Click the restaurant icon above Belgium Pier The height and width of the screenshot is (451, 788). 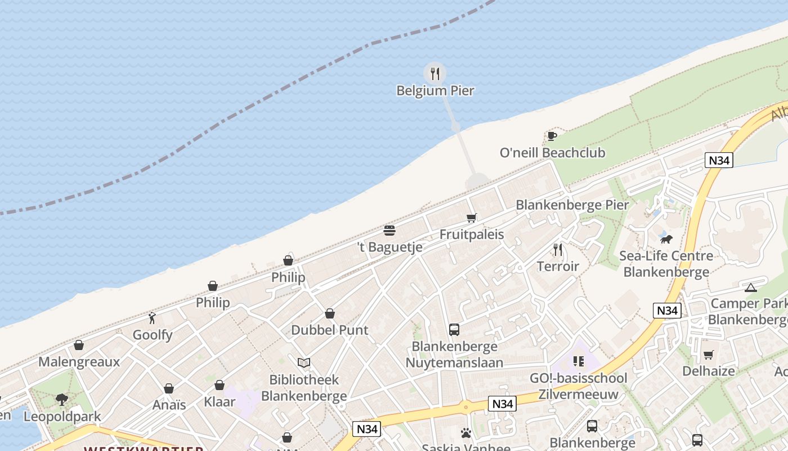(x=435, y=73)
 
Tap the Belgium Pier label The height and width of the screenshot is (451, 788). (x=435, y=91)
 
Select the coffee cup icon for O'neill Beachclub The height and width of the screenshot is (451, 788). (x=552, y=136)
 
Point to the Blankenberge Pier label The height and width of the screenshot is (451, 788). (x=572, y=205)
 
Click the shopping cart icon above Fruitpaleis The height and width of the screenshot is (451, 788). (x=471, y=218)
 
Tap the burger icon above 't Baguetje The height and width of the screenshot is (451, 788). (x=389, y=230)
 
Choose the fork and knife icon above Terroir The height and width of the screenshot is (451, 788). (x=558, y=249)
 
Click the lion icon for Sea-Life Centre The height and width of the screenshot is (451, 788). (x=666, y=239)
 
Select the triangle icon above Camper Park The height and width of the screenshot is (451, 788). (x=750, y=288)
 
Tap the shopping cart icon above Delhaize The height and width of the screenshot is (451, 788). (x=708, y=355)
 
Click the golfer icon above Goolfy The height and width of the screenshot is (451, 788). (x=152, y=318)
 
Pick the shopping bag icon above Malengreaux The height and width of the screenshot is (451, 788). (x=79, y=345)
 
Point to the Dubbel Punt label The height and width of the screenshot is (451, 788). (x=330, y=330)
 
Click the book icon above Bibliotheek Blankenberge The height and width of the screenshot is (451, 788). (x=304, y=362)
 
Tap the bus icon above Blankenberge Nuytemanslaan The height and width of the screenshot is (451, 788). (x=454, y=330)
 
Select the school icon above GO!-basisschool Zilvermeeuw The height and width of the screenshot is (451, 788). (x=578, y=361)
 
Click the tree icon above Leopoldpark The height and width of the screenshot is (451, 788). (x=62, y=400)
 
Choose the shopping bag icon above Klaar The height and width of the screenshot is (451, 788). (x=220, y=385)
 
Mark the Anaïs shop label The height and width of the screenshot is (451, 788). (x=169, y=405)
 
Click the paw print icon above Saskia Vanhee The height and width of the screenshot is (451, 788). (x=466, y=433)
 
